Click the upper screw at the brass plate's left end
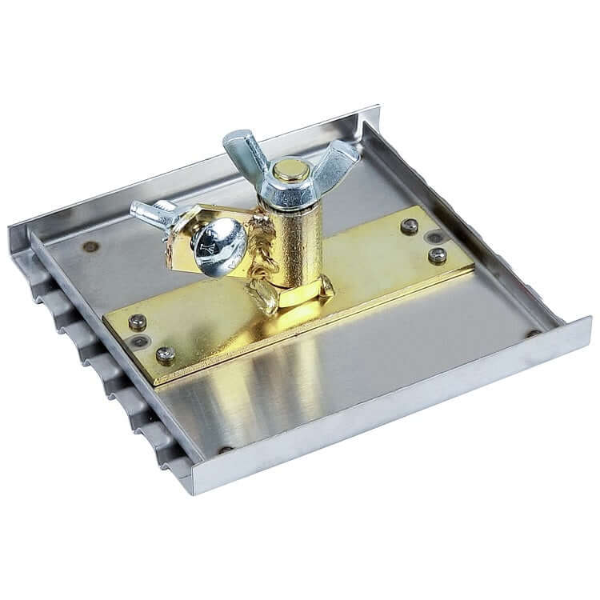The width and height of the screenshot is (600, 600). (x=138, y=322)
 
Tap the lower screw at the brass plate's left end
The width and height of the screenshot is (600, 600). (x=166, y=353)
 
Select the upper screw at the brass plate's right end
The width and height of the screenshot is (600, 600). (x=410, y=226)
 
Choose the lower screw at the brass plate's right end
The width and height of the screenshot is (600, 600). (x=437, y=255)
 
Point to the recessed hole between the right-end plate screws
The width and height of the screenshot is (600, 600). (x=432, y=238)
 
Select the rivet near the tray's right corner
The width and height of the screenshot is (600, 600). (x=532, y=333)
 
